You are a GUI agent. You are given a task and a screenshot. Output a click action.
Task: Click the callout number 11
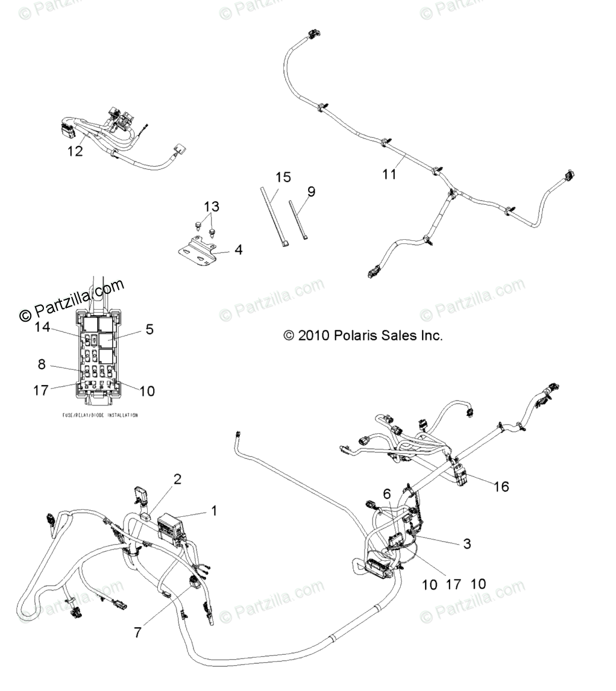coord(390,174)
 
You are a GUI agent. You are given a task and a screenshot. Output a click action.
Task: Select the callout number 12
coord(75,151)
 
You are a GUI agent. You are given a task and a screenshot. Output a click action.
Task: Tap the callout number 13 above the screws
coord(211,207)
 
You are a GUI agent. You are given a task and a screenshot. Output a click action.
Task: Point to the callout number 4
coord(239,249)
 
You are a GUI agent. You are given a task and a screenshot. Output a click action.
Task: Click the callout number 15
coord(283,177)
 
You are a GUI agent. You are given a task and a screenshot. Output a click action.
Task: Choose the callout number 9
coord(311,192)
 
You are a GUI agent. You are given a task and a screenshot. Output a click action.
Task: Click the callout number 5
coord(149,329)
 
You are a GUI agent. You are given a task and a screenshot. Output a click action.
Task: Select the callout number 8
coord(41,364)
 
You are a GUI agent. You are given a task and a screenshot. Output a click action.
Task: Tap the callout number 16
coord(501,486)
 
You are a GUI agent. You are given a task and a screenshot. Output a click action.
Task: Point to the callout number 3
coord(467,543)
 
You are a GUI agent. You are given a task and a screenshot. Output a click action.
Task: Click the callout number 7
coord(138,633)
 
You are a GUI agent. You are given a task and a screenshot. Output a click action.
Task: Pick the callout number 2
coord(177,479)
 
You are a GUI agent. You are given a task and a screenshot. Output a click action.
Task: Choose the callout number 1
coord(213,511)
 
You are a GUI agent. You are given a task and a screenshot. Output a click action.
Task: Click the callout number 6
coord(387,493)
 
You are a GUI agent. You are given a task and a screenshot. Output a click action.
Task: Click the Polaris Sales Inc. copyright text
coord(363,336)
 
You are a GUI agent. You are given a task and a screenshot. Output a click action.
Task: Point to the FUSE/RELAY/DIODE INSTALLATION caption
coord(100,416)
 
